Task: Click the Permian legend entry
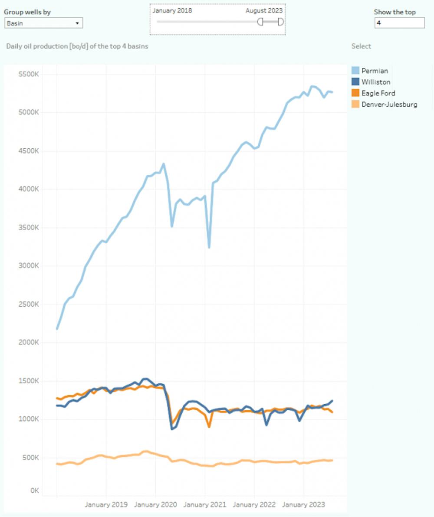pyautogui.click(x=375, y=71)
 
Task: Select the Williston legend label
pyautogui.click(x=376, y=82)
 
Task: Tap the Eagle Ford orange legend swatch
pyautogui.click(x=355, y=93)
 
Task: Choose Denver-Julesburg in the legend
pyautogui.click(x=389, y=105)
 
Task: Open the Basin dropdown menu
pyautogui.click(x=43, y=23)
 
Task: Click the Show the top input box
pyautogui.click(x=399, y=23)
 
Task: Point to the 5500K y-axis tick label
pyautogui.click(x=29, y=75)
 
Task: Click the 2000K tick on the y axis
pyautogui.click(x=29, y=343)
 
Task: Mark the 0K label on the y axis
pyautogui.click(x=34, y=491)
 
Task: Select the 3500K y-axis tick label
pyautogui.click(x=29, y=228)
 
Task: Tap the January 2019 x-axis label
pyautogui.click(x=106, y=504)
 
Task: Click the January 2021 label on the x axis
pyautogui.click(x=204, y=504)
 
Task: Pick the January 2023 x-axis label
pyautogui.click(x=303, y=504)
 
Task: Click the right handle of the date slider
pyautogui.click(x=281, y=22)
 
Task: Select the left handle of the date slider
pyautogui.click(x=260, y=22)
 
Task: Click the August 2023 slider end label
pyautogui.click(x=264, y=10)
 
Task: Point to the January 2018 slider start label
pyautogui.click(x=172, y=10)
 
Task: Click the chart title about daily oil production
pyautogui.click(x=77, y=46)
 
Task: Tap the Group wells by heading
pyautogui.click(x=27, y=12)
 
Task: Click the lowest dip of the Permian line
pyautogui.click(x=209, y=247)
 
